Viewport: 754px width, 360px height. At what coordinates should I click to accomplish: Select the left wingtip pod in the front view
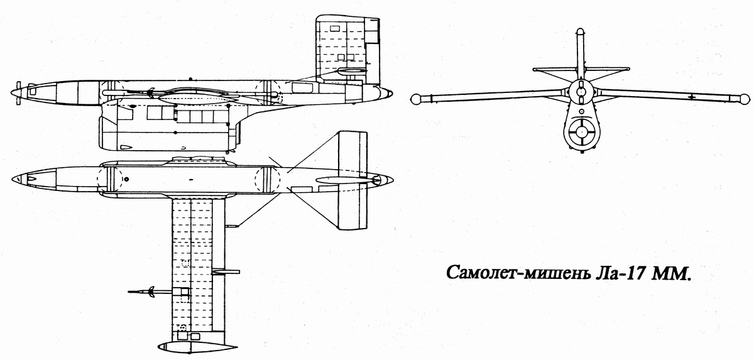(415, 99)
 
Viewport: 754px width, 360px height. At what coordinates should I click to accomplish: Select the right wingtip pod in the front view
(745, 99)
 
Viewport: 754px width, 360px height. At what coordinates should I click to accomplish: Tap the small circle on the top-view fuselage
(126, 179)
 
